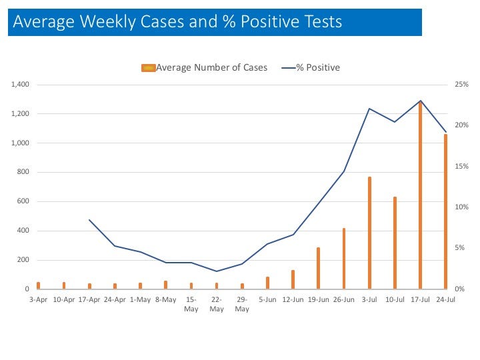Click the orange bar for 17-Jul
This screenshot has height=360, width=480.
point(420,197)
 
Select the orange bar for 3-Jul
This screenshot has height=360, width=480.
point(369,233)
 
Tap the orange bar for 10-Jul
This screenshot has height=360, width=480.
point(395,243)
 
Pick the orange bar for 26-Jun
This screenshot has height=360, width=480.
point(344,259)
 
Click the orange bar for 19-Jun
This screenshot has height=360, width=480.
point(319,269)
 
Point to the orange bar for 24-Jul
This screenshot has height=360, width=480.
point(445,212)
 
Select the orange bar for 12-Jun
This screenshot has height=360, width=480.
point(293,279)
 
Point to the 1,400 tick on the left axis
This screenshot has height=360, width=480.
point(20,85)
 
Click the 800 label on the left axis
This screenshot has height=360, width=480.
point(24,173)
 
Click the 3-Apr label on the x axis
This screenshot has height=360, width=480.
point(38,299)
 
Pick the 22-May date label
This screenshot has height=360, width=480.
point(217,304)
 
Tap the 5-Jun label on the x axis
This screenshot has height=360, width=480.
point(267,299)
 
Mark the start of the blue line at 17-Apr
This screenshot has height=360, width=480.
point(89,220)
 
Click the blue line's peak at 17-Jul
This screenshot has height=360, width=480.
point(420,101)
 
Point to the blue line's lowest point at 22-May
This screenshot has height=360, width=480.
point(217,271)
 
